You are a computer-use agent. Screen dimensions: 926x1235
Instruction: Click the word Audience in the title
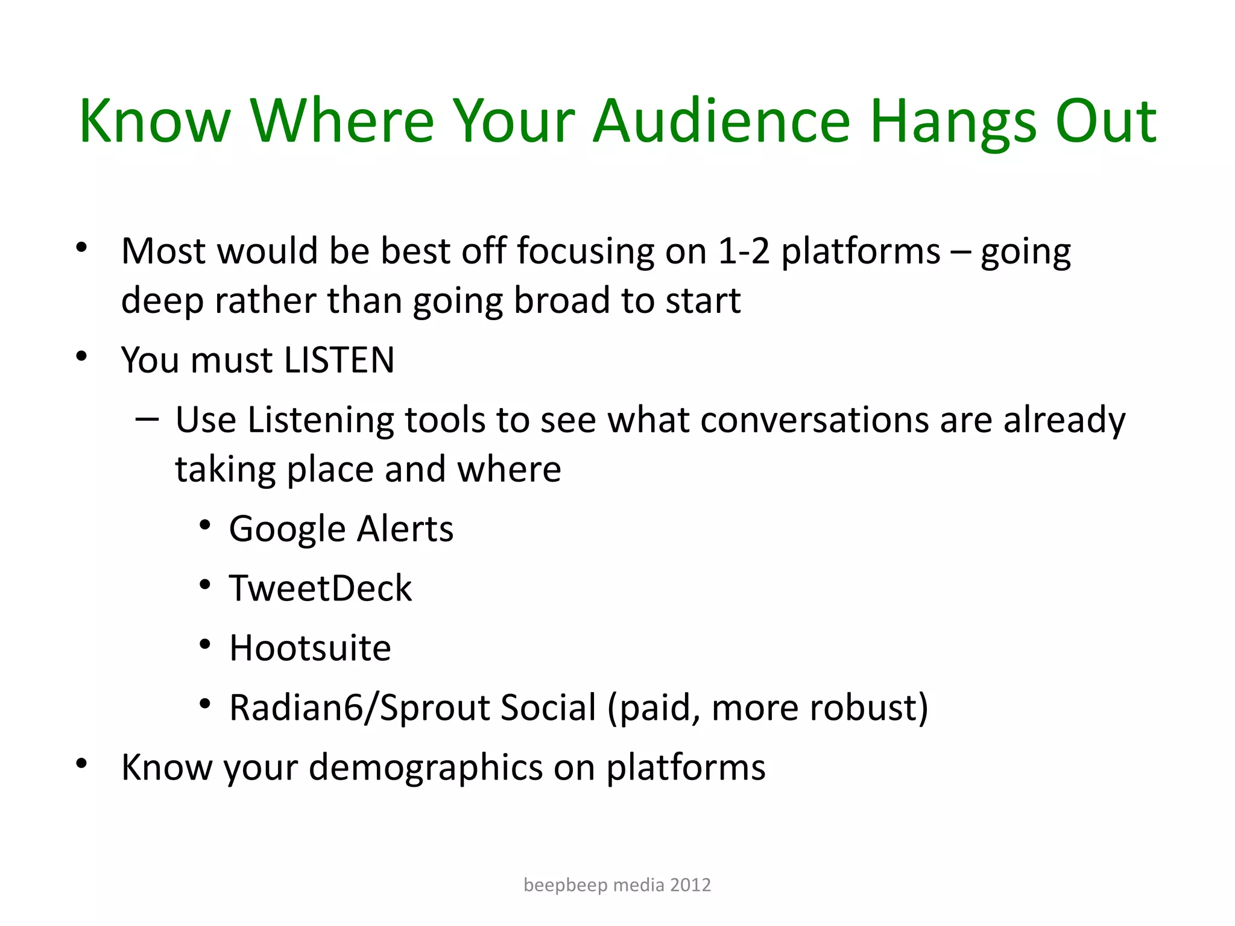point(721,122)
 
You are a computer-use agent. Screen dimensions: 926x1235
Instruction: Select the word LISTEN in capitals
point(339,361)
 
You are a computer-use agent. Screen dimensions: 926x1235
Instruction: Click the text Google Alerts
point(341,529)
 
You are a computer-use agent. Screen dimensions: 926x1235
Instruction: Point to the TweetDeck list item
point(320,588)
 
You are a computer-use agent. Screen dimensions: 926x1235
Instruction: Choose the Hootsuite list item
point(310,648)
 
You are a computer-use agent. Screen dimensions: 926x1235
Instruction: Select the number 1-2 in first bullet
point(744,251)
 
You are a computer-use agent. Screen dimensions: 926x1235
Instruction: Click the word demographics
point(426,767)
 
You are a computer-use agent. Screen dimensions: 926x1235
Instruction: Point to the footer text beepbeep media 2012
point(617,884)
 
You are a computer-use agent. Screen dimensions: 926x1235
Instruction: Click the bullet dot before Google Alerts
point(205,526)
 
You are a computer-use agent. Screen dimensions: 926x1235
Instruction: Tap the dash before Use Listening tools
point(147,418)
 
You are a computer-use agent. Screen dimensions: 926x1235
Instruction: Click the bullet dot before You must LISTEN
point(82,356)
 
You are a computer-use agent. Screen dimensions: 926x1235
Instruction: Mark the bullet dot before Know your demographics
point(82,764)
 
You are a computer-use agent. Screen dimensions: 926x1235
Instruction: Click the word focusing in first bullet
point(585,251)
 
